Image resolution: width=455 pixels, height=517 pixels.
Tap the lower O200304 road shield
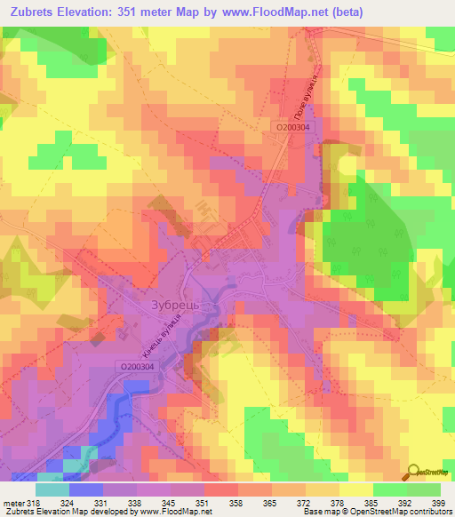coord(135,366)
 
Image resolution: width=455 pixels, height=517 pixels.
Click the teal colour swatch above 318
coord(52,489)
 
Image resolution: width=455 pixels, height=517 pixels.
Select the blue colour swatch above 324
coord(85,489)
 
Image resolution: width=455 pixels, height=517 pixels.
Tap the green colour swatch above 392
coord(389,489)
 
